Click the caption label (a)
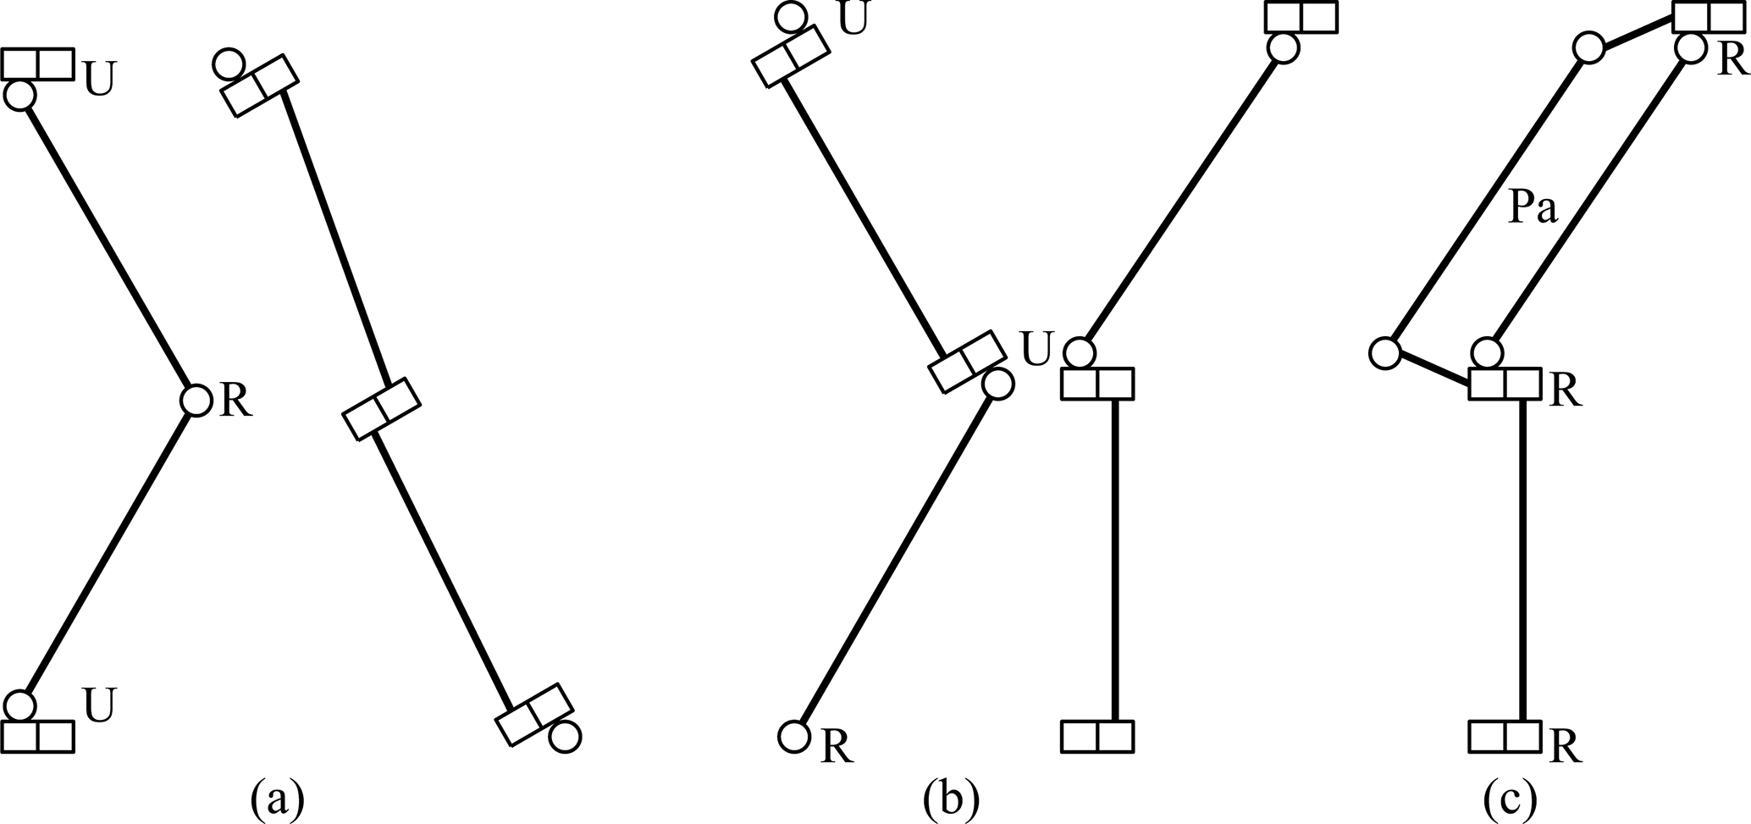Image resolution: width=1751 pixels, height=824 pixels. [278, 799]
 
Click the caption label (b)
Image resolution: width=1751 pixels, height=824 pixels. [951, 799]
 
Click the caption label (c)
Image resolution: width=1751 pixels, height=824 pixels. [1510, 799]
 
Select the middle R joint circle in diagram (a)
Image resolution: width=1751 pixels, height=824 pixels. [196, 400]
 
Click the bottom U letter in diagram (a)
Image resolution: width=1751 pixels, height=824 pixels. [99, 705]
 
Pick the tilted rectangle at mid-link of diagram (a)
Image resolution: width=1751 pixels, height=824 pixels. [381, 409]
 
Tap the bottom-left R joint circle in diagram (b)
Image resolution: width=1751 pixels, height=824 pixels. [794, 736]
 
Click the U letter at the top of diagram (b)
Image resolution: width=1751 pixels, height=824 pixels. [853, 19]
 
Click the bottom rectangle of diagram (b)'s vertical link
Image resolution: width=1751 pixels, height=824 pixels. [1096, 736]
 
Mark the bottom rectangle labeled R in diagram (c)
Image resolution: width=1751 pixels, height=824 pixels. [1504, 736]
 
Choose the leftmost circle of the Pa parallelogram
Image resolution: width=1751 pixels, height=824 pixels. [1385, 352]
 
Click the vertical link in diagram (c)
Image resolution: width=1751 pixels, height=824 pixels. [1523, 559]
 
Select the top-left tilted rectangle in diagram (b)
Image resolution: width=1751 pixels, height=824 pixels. [788, 57]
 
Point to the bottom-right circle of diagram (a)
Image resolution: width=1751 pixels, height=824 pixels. [564, 737]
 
